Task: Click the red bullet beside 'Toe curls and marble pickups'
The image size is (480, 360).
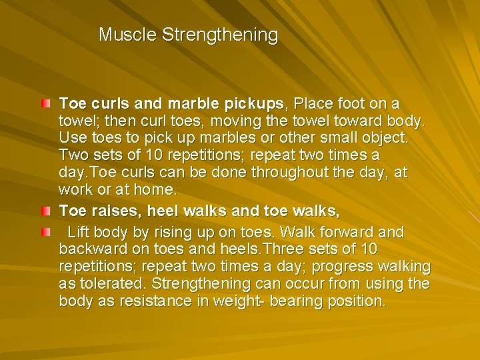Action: click(x=44, y=104)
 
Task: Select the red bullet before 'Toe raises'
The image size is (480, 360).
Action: click(x=44, y=212)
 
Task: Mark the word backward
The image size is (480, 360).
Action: click(x=89, y=249)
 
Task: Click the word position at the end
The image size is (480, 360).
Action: click(x=355, y=301)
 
